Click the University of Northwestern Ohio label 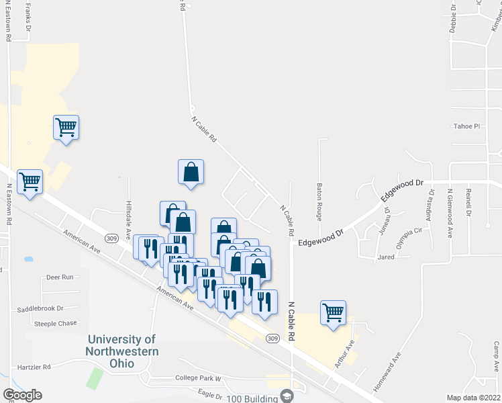121,351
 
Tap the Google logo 22,394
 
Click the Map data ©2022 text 473,398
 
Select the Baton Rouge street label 319,199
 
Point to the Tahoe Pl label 467,126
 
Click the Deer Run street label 59,277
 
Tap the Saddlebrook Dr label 40,308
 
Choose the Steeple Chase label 56,323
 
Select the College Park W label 199,378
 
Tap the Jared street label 385,257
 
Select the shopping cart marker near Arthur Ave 333,313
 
